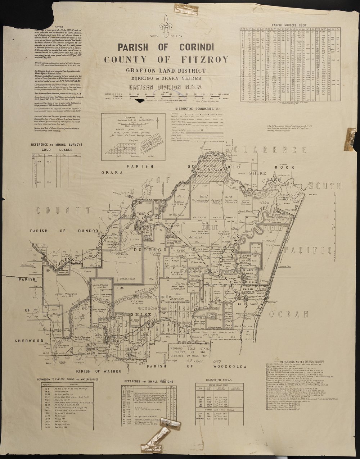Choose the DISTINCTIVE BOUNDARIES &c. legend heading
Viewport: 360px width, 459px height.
point(203,108)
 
